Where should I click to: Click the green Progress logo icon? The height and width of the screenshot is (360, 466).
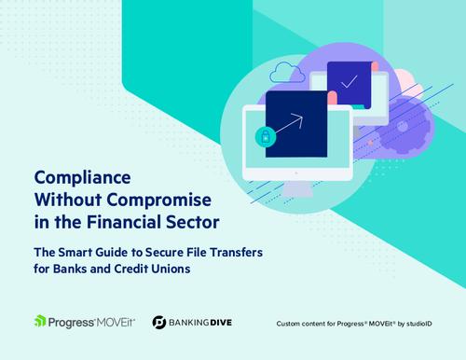(x=40, y=323)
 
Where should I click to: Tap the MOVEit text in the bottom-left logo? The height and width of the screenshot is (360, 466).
(x=122, y=323)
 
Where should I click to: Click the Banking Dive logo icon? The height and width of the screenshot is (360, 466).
(x=161, y=323)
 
